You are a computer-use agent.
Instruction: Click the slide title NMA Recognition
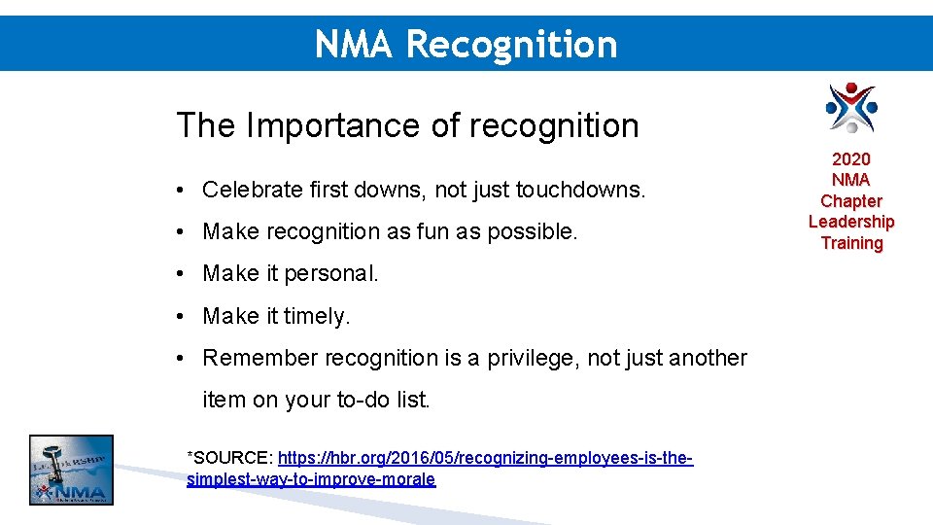(x=466, y=44)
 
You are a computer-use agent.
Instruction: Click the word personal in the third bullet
(x=334, y=274)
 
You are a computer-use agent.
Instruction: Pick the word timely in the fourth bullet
(x=320, y=316)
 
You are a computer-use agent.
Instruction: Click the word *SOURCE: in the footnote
(x=229, y=457)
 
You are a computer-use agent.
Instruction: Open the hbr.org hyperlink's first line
(x=485, y=457)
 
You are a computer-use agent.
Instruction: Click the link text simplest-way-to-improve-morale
(x=311, y=479)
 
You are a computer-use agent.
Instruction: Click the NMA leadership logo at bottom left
(x=71, y=470)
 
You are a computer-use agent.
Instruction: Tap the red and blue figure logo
(x=851, y=107)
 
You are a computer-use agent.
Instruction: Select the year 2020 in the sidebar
(x=851, y=158)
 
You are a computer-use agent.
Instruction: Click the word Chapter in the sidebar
(x=851, y=201)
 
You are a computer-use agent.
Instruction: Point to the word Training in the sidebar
(x=851, y=243)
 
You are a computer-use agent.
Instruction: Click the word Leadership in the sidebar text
(x=851, y=222)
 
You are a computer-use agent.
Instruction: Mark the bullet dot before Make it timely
(x=183, y=316)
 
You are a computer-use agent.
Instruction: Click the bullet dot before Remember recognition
(x=183, y=358)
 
